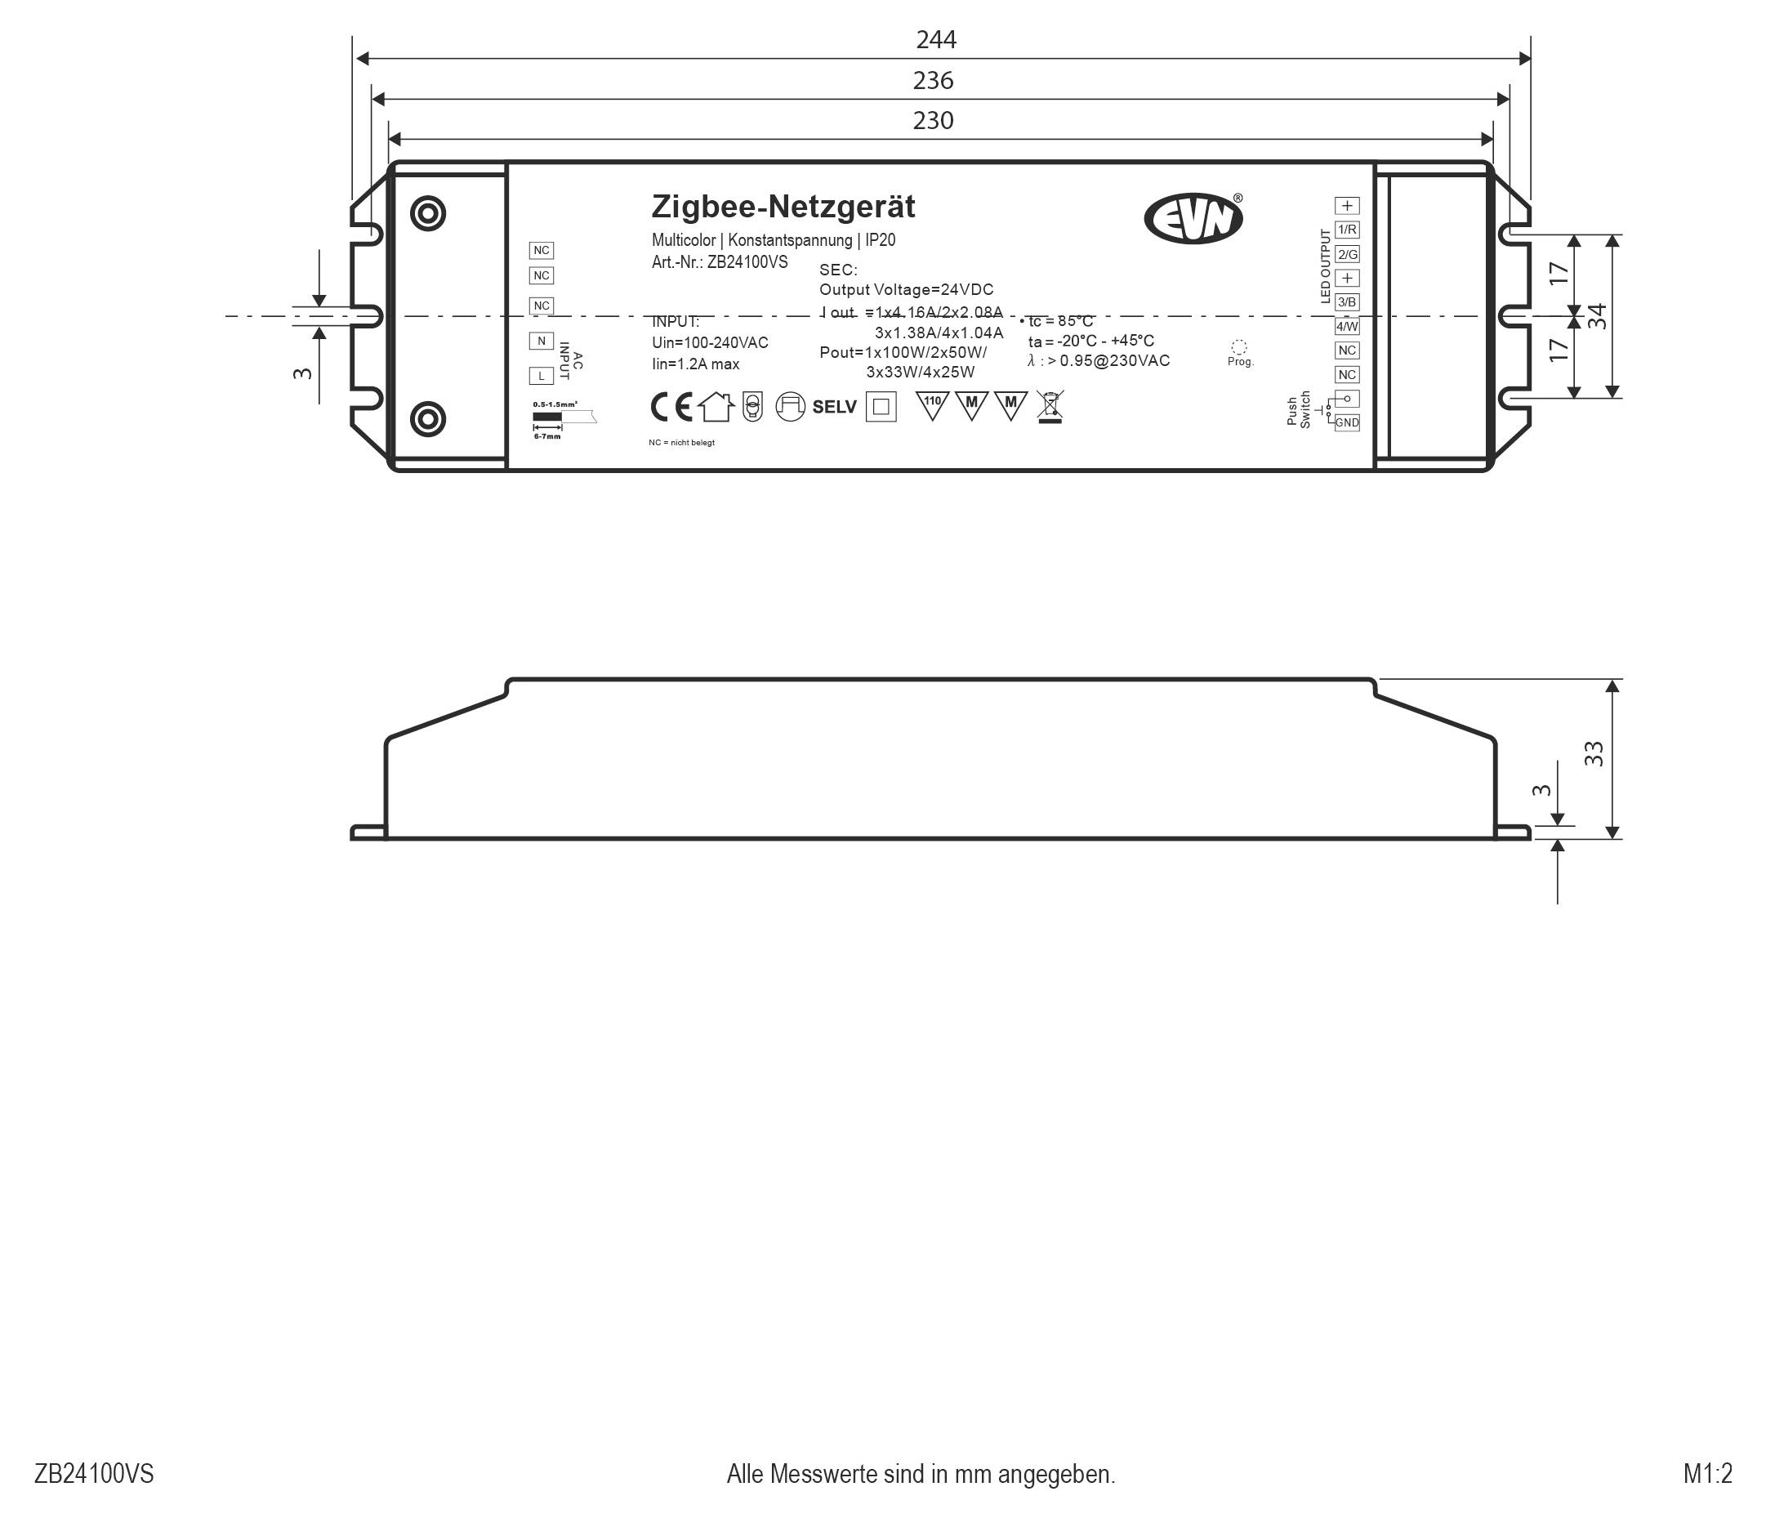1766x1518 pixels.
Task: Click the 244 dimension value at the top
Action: [x=936, y=40]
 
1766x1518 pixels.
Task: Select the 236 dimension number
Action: [x=933, y=81]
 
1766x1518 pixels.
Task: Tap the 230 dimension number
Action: [x=933, y=121]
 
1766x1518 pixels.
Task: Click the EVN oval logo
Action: [x=1193, y=218]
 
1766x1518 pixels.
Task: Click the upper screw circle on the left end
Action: [x=428, y=213]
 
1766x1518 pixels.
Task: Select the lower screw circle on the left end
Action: [x=428, y=419]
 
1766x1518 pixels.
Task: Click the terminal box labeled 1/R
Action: [x=1347, y=230]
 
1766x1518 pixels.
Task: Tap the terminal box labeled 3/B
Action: [x=1347, y=301]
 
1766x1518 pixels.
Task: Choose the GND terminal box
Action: [x=1347, y=422]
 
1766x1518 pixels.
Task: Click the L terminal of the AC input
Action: [x=541, y=376]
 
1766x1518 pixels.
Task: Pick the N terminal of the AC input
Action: [x=541, y=341]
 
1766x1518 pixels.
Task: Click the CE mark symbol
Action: [x=671, y=408]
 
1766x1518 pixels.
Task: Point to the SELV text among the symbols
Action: [x=833, y=408]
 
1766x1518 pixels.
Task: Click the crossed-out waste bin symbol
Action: [x=1050, y=407]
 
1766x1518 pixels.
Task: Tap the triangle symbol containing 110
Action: [x=933, y=404]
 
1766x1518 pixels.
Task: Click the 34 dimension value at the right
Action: [x=1597, y=316]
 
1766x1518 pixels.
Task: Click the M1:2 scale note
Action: [x=1707, y=1474]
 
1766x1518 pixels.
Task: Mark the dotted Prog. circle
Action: [x=1239, y=347]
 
